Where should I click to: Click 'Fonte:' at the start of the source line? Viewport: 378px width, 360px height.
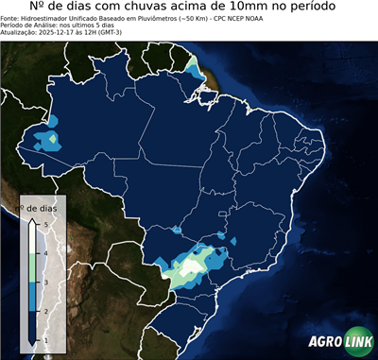(x=11, y=18)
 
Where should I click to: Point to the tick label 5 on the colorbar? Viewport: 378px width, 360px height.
(x=44, y=224)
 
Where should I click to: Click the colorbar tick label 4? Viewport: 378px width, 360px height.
(x=44, y=252)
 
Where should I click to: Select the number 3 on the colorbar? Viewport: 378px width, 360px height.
(x=44, y=281)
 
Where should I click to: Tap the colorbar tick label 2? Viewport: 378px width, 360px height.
(x=44, y=309)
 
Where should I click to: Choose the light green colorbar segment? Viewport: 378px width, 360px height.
(x=32, y=266)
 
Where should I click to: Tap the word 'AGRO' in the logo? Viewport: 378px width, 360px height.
(x=323, y=342)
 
